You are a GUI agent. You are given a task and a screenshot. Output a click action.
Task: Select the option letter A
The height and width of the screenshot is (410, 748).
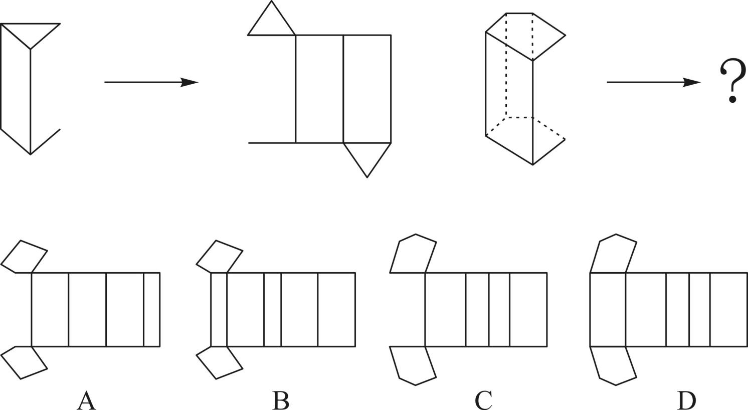(86, 400)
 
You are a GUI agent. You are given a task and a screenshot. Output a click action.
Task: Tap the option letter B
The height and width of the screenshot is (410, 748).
(281, 400)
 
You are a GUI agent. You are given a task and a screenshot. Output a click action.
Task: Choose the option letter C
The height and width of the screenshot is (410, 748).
(483, 400)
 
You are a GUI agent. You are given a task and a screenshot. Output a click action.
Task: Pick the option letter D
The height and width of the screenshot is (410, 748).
(686, 400)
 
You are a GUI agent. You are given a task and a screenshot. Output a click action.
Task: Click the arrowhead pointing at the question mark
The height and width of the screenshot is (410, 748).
(692, 82)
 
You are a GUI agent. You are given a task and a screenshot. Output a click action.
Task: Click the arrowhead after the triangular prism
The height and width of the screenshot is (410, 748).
(190, 82)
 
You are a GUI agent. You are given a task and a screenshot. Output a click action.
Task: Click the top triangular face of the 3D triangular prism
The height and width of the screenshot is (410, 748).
(31, 32)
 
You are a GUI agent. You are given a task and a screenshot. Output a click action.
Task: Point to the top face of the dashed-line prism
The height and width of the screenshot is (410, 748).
(524, 35)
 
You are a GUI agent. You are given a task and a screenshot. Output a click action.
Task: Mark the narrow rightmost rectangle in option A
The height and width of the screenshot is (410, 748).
(151, 309)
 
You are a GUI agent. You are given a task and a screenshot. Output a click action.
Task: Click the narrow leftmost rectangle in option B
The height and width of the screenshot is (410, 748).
(219, 309)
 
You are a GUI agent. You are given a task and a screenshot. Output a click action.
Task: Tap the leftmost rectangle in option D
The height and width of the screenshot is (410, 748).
(608, 309)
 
